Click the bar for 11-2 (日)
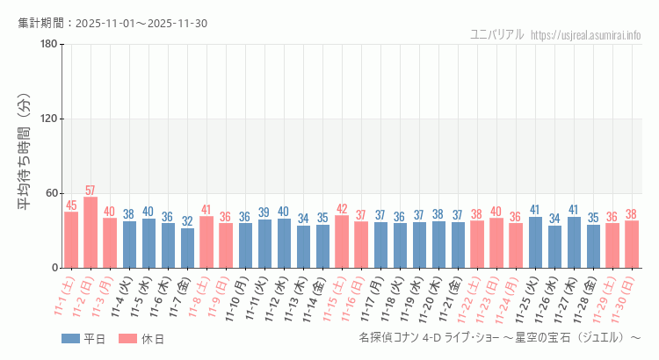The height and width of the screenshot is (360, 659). coord(91,233)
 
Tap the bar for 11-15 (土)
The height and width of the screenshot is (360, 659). coord(342,241)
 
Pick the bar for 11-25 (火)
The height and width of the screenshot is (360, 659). coord(535,242)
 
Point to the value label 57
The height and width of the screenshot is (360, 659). coord(91,191)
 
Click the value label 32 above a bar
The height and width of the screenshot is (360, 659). coord(187,221)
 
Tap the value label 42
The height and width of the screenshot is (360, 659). coord(342,209)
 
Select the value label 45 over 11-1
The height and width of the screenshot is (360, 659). coord(71,205)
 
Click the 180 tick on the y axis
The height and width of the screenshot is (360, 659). coord(48,45)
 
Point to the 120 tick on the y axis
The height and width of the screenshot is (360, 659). coord(48,119)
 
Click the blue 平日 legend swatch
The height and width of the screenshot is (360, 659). coord(71,338)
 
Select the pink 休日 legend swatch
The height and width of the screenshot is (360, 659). coord(127,338)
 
